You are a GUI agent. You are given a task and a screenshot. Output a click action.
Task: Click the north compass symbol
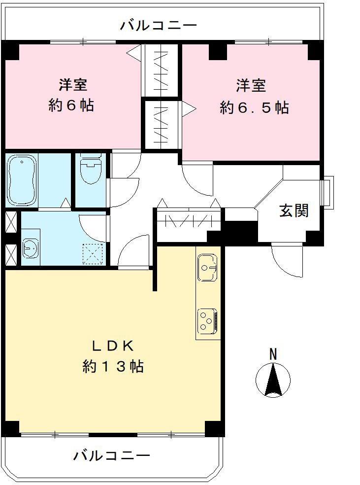[x=273, y=380]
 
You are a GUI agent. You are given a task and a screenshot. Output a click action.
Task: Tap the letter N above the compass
[x=273, y=353]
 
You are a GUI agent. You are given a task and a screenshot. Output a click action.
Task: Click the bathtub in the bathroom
[x=22, y=180]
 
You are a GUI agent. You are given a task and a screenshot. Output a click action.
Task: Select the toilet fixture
[x=91, y=170]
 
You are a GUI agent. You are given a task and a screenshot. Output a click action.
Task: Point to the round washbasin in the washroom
[x=31, y=248]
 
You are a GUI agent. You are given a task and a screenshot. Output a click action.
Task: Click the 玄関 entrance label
[x=294, y=210]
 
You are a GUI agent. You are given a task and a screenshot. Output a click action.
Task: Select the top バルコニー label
[x=159, y=25]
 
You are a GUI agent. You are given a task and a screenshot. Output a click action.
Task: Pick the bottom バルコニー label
[x=112, y=455]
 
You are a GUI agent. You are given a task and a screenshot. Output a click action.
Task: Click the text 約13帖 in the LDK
[x=113, y=367]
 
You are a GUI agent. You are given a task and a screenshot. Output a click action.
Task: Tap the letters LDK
[x=113, y=346]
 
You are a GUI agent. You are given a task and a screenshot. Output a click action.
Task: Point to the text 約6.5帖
[x=254, y=108]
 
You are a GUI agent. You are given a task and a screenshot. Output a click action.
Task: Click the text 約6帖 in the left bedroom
[x=72, y=106]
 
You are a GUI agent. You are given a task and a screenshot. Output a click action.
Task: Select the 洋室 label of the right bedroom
[x=251, y=86]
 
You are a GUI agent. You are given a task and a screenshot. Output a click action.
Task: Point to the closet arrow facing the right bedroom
[x=189, y=109]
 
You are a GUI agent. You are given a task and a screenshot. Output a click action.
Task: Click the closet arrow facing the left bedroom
[x=134, y=53]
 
